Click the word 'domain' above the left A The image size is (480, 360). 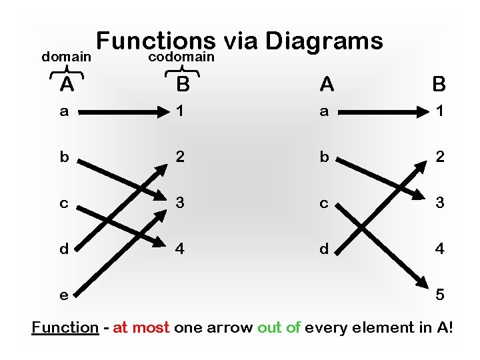click(x=66, y=57)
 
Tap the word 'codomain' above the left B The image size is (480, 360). click(x=181, y=57)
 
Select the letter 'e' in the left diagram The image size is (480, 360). click(x=64, y=295)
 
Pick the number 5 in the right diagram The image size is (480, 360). click(x=439, y=294)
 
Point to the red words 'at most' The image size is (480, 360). click(x=141, y=328)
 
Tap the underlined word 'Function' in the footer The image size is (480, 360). click(x=65, y=328)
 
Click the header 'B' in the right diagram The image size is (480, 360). click(x=439, y=84)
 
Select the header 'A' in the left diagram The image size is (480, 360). click(x=66, y=85)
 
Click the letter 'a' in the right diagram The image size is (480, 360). click(x=324, y=112)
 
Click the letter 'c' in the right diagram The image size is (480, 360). click(x=324, y=203)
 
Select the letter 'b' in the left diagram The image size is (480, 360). click(x=64, y=157)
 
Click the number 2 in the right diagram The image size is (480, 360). click(x=439, y=157)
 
